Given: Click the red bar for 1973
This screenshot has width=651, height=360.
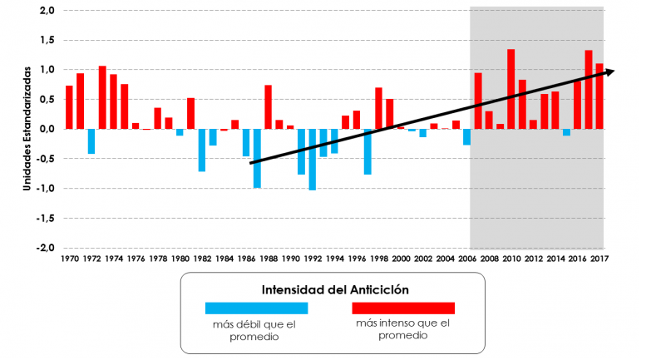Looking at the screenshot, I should click(x=102, y=97).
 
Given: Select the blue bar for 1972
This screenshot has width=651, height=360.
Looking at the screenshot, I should click(x=91, y=141).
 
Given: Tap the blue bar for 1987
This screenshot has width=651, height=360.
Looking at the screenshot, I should click(x=257, y=158).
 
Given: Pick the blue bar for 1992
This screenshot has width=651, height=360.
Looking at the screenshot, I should click(x=312, y=160).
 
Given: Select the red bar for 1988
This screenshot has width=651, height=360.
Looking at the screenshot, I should click(x=268, y=107).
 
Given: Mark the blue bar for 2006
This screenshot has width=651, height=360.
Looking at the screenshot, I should click(x=466, y=137).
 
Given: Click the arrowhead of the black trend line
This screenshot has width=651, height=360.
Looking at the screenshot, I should click(x=609, y=72).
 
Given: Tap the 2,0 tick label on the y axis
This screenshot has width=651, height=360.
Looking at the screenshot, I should click(x=47, y=10).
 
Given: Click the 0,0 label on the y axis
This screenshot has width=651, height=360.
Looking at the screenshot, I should click(x=47, y=129).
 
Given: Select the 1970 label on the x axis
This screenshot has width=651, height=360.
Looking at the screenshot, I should click(x=69, y=259).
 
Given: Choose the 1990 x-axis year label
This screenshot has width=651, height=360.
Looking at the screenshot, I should click(x=290, y=259).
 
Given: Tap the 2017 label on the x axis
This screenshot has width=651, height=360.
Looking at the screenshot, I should click(x=599, y=259).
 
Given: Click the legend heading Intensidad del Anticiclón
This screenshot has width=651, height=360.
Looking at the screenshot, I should click(x=332, y=290).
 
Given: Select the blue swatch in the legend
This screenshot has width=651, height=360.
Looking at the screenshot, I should click(x=257, y=308).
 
